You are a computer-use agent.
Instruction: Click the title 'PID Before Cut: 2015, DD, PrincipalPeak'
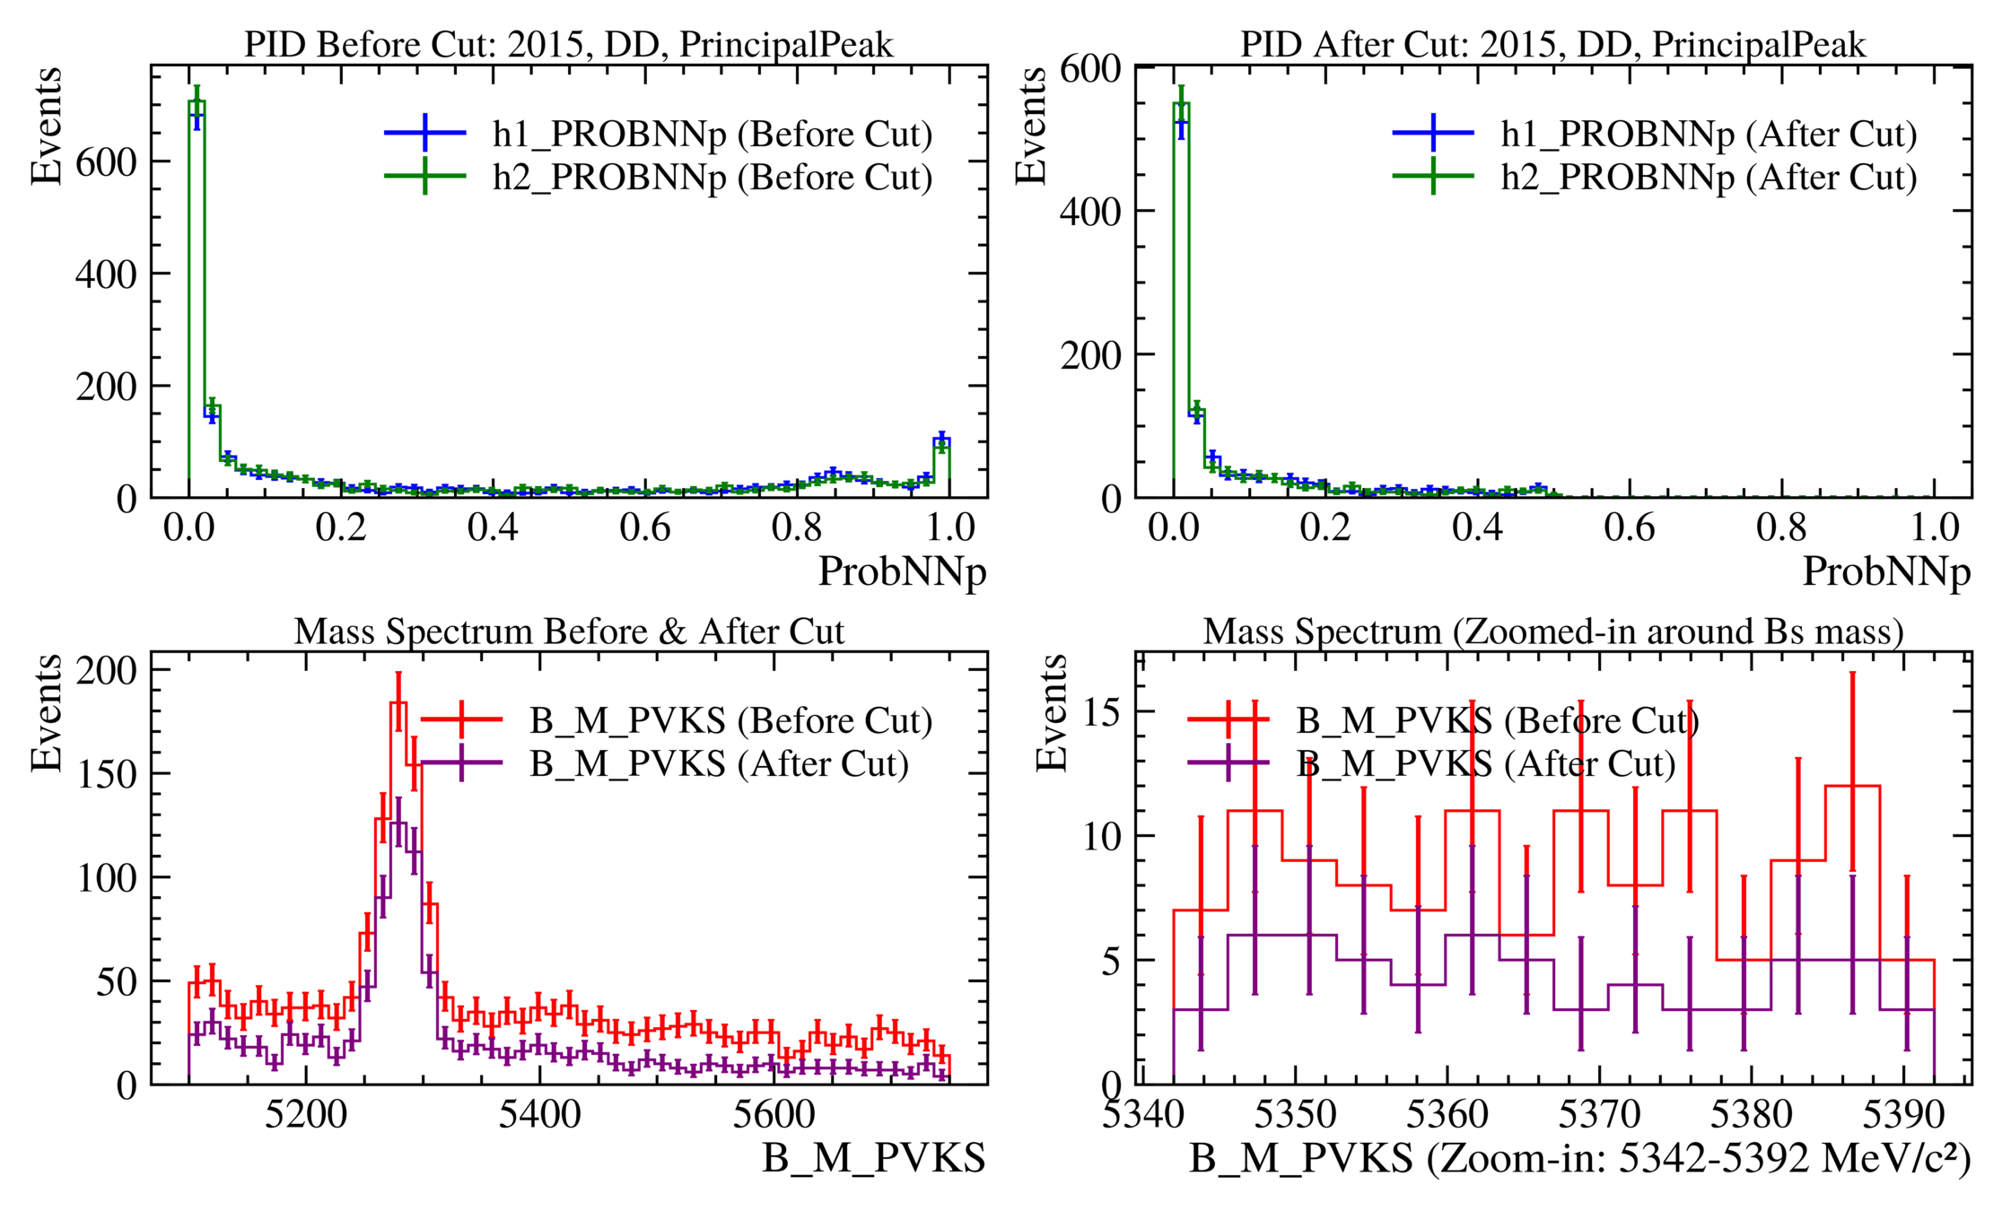(x=569, y=44)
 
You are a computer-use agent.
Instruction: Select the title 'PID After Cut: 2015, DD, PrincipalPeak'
(x=1552, y=44)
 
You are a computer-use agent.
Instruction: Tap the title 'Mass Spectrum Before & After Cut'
(x=569, y=632)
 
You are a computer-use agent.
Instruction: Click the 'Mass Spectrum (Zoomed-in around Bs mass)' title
(x=1552, y=632)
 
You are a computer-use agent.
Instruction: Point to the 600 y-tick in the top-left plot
(x=106, y=162)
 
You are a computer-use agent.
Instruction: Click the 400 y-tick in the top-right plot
(x=1089, y=212)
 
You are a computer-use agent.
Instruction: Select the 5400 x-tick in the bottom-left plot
(x=539, y=1115)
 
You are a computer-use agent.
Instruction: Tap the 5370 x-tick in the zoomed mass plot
(x=1599, y=1115)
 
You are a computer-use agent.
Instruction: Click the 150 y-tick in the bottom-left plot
(x=106, y=774)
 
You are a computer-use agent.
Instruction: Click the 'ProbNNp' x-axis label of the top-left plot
(x=902, y=571)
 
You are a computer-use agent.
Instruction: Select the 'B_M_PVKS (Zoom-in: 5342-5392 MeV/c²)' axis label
(x=1579, y=1158)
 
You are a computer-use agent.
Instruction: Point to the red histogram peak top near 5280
(x=398, y=703)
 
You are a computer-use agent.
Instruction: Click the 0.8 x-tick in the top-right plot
(x=1781, y=527)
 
